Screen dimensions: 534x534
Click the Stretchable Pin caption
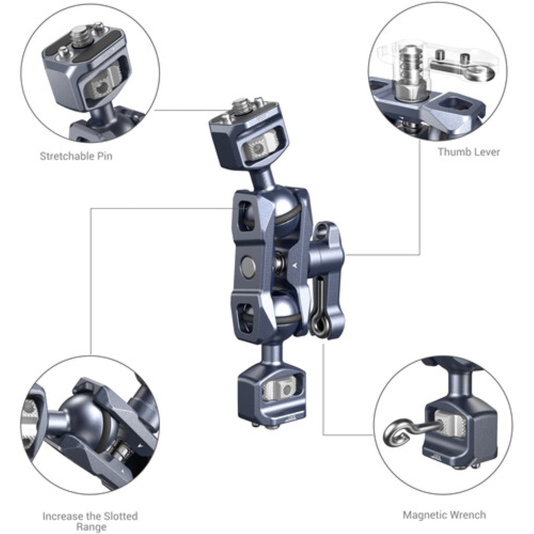76,156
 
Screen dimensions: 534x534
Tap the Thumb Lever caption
468,152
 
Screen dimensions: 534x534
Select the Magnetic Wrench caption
444,515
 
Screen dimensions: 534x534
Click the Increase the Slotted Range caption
90,521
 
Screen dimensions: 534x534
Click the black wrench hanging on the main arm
319,310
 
